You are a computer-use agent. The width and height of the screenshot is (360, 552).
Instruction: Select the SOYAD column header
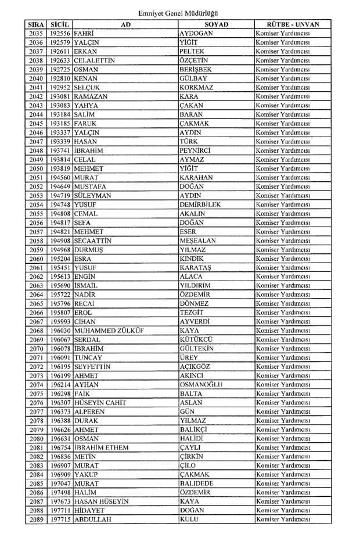click(x=216, y=25)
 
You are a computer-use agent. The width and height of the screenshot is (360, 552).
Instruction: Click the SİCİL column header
click(x=60, y=25)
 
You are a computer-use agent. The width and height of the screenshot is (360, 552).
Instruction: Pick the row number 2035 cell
click(x=36, y=34)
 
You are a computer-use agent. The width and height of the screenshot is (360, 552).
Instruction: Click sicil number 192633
click(x=60, y=60)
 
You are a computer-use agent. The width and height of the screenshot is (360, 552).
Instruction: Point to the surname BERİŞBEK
click(x=196, y=69)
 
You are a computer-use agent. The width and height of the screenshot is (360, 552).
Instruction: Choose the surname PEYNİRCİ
click(x=198, y=150)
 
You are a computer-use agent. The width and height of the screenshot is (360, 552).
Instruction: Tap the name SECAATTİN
click(x=96, y=240)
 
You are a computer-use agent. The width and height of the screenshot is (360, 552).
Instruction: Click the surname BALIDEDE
click(x=197, y=483)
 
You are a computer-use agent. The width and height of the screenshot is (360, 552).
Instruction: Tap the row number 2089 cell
click(x=36, y=519)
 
